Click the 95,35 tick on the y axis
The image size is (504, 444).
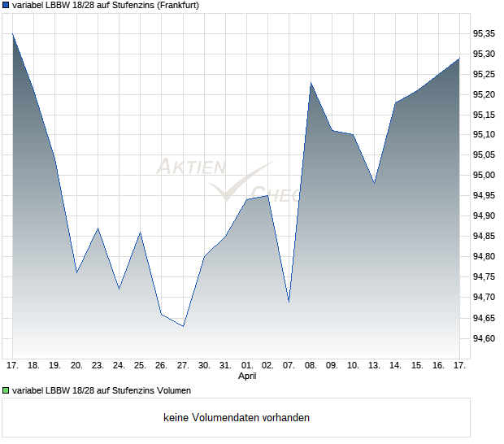[x=484, y=33]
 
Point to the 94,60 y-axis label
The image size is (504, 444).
[x=484, y=338]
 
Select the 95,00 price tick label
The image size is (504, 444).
[x=484, y=176]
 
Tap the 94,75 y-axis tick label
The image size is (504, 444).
[x=484, y=277]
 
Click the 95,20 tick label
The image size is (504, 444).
[x=484, y=94]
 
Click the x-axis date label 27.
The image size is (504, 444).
[x=183, y=365]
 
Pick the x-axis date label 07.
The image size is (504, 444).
[x=289, y=365]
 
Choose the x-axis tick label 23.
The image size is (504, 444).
[x=98, y=365]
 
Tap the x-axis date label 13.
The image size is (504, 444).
[x=374, y=365]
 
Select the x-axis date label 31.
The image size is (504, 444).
[x=225, y=365]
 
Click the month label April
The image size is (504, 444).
[x=247, y=377]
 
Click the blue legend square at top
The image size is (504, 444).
[x=6, y=6]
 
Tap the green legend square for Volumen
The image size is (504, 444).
[x=6, y=391]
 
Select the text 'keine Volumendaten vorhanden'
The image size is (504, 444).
[x=236, y=418]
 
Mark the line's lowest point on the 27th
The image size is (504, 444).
[x=183, y=326]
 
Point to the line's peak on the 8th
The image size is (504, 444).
[x=311, y=83]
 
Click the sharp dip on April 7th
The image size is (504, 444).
[x=289, y=302]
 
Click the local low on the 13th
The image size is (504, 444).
[x=374, y=183]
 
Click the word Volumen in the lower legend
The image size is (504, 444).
[x=172, y=391]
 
